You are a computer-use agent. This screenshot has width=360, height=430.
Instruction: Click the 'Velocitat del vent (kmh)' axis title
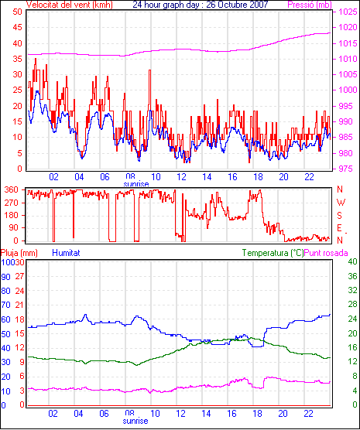click(70, 5)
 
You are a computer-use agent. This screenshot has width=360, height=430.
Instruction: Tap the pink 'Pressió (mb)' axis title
click(310, 5)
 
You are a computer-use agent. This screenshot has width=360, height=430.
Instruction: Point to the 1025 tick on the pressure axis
click(348, 12)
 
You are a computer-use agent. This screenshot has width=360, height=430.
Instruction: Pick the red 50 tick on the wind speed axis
click(17, 12)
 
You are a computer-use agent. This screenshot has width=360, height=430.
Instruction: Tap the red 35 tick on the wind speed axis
click(17, 59)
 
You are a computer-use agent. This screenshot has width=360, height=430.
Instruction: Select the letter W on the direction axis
click(341, 203)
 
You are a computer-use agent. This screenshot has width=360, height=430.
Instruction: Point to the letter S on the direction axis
click(339, 216)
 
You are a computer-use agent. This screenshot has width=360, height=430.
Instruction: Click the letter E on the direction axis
click(339, 228)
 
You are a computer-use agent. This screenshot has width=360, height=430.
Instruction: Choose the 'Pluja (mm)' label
click(19, 253)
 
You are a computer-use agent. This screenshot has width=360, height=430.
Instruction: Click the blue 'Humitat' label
click(66, 253)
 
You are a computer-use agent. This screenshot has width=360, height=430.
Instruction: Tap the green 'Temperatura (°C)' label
click(273, 253)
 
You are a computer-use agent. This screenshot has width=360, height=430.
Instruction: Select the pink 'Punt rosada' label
click(326, 253)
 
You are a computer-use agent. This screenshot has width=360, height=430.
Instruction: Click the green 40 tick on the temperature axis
click(352, 261)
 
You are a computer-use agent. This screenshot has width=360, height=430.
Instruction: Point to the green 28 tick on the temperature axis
click(352, 305)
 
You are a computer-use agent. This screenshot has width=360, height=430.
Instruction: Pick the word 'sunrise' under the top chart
click(136, 184)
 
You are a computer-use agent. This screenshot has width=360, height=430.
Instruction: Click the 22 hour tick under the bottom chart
click(309, 414)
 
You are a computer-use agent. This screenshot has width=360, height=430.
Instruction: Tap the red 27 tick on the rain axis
click(19, 276)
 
